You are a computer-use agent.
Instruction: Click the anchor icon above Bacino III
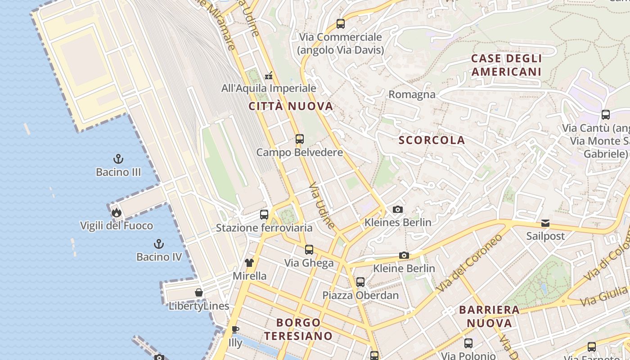[x=118, y=159]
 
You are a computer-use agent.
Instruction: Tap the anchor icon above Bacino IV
[x=158, y=244]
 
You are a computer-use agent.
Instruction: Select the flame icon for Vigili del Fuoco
[x=117, y=212]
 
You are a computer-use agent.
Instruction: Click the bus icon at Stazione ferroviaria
[x=264, y=215]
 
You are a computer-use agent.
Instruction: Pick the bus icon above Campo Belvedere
[x=300, y=139]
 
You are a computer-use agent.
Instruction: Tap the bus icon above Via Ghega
[x=309, y=250]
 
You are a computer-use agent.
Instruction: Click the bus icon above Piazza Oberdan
[x=360, y=282]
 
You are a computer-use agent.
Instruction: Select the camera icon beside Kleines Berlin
[x=398, y=209]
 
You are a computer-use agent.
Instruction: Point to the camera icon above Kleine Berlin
[x=404, y=256]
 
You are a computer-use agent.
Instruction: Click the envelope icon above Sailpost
[x=545, y=223]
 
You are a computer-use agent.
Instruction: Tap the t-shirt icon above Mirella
[x=249, y=263]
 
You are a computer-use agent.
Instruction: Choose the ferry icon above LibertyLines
[x=198, y=293]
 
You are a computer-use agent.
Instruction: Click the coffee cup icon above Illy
[x=235, y=330]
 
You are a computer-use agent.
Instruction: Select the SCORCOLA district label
[x=432, y=140]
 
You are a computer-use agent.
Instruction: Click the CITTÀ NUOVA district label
[x=291, y=106]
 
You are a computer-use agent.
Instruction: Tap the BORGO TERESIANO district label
[x=298, y=329]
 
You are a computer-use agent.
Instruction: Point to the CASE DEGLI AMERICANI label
[x=506, y=65]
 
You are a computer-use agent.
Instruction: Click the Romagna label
[x=412, y=94]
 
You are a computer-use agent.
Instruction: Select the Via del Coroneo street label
[x=469, y=262]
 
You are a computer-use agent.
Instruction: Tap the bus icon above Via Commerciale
[x=341, y=24]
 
